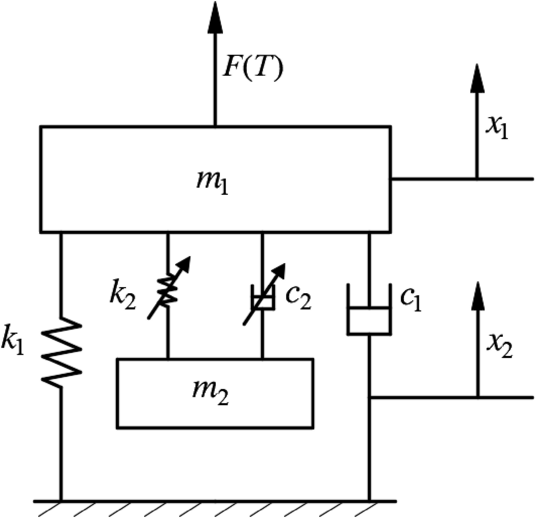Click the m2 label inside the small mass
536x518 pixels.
pos(210,394)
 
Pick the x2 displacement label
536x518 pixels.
pos(499,349)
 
